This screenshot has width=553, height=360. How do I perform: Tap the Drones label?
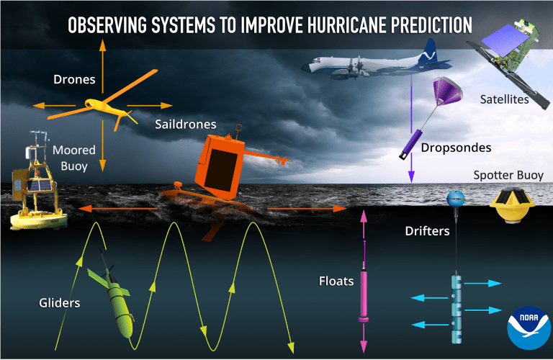coord(74,79)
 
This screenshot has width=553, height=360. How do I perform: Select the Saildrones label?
coord(186,124)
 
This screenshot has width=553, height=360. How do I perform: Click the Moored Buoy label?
coord(74,158)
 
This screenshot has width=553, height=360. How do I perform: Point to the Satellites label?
coord(504,99)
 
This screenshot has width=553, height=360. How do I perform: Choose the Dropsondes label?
coord(456,148)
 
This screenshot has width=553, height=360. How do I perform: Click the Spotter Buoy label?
coord(508,175)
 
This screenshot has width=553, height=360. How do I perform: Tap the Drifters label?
coord(427,231)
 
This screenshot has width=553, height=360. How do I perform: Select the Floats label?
coord(336,281)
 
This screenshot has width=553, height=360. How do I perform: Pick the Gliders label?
coord(59,303)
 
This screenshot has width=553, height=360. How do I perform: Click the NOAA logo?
coord(529,328)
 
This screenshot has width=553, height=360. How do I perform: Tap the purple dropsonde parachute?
coord(447,91)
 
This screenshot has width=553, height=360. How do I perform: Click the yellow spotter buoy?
coord(512,206)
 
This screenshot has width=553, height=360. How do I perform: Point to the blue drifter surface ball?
coord(456,199)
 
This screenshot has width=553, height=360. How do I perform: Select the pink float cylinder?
coord(364,294)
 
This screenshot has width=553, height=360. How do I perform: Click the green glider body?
coord(120,304)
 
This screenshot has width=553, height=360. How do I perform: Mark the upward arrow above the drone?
coord(102,66)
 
